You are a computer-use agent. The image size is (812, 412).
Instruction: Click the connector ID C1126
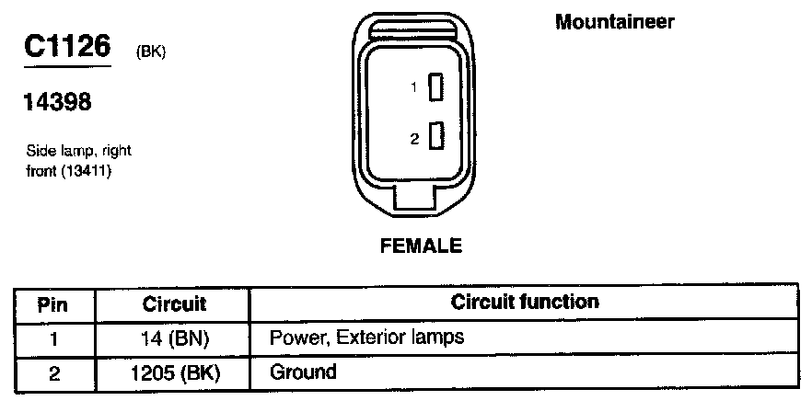tap(68, 49)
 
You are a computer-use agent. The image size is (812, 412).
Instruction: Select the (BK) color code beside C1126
tap(150, 53)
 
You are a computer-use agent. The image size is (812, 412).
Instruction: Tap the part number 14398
tap(57, 103)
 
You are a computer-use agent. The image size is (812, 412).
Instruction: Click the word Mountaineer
tap(615, 22)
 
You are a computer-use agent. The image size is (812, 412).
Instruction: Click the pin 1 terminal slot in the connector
tap(437, 88)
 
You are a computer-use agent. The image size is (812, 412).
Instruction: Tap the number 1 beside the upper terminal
tap(415, 88)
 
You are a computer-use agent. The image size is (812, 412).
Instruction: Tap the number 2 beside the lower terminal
tap(415, 139)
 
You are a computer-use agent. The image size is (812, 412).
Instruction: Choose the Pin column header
tap(53, 303)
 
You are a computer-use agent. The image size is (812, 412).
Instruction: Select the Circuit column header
tap(174, 303)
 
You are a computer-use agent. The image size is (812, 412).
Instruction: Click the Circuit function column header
tap(525, 302)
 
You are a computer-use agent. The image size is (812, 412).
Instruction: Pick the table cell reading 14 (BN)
tap(174, 338)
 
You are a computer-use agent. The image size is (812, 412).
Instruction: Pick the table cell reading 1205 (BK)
tap(174, 372)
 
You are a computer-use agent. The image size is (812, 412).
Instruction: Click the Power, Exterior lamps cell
tap(366, 338)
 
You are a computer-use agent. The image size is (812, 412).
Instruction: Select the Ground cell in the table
tap(303, 372)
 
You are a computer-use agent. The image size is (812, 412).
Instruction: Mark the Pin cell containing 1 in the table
tap(53, 338)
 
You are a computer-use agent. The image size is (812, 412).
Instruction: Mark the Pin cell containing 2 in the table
tap(53, 372)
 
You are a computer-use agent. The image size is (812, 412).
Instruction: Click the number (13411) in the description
tap(87, 170)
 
